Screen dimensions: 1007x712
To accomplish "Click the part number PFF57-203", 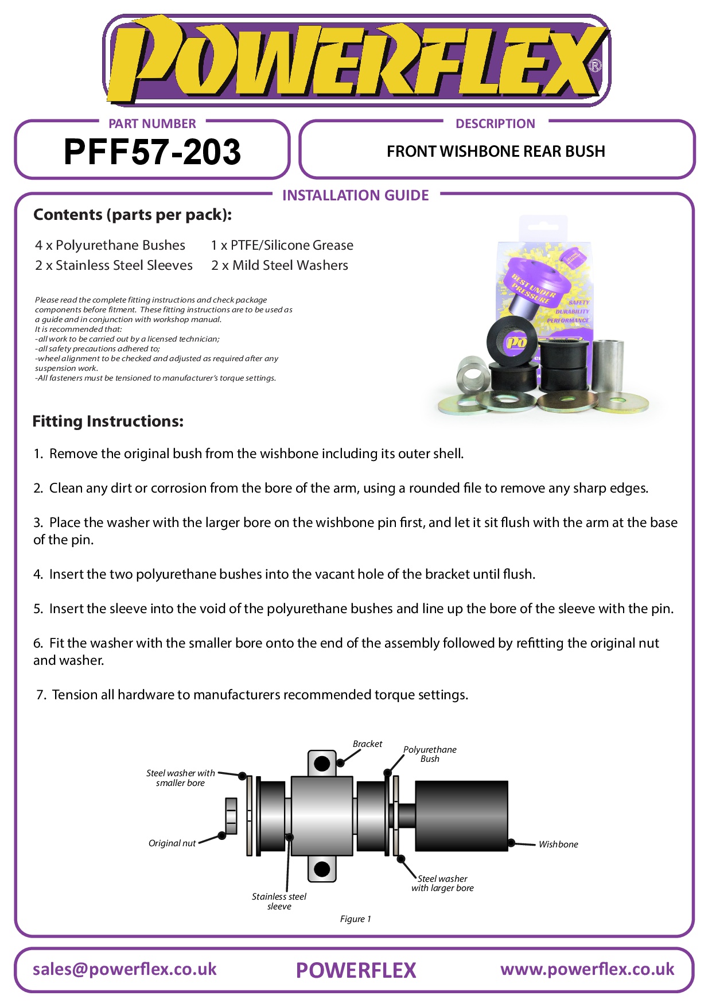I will [x=152, y=152].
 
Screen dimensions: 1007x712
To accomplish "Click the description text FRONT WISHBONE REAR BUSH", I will [x=496, y=152].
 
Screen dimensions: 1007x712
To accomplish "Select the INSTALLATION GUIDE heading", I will [x=355, y=196].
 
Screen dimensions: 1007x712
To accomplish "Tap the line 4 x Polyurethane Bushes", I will [x=110, y=245].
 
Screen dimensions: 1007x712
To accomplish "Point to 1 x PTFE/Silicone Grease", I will [x=282, y=245].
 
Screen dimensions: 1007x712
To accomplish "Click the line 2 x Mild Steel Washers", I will [x=279, y=265].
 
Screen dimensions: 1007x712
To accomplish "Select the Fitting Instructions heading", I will [x=108, y=421].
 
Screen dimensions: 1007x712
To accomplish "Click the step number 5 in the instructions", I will [x=38, y=609].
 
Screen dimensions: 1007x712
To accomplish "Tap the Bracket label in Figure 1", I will [x=367, y=744].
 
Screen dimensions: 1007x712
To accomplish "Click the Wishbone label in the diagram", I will [x=558, y=845].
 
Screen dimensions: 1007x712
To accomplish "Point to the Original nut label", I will [x=172, y=843].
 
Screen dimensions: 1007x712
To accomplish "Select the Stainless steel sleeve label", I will [x=279, y=901].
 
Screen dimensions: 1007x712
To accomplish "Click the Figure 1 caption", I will [x=355, y=919].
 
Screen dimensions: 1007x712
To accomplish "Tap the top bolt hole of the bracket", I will [x=322, y=764].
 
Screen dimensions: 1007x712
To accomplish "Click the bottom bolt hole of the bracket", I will [x=322, y=869].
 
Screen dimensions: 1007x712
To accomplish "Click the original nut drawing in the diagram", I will [x=231, y=816].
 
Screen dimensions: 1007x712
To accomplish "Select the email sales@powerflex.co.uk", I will [x=124, y=970].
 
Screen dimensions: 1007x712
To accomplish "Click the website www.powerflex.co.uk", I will [x=587, y=970].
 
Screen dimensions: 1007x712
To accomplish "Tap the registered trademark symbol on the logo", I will [x=596, y=66].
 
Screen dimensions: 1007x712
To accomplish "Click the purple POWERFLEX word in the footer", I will [x=356, y=971].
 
